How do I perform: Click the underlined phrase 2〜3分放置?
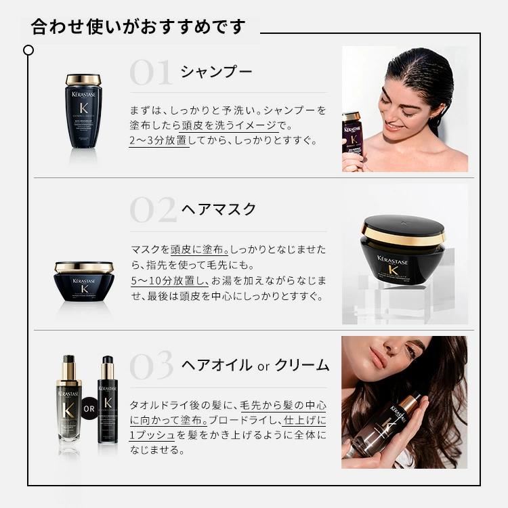click(x=158, y=142)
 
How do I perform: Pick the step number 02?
click(x=152, y=210)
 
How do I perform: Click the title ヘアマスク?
click(x=219, y=209)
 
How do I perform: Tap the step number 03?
click(x=152, y=366)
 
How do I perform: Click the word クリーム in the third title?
click(x=303, y=366)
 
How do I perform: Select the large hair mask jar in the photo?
click(x=403, y=251)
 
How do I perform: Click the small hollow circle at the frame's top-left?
click(x=28, y=50)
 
